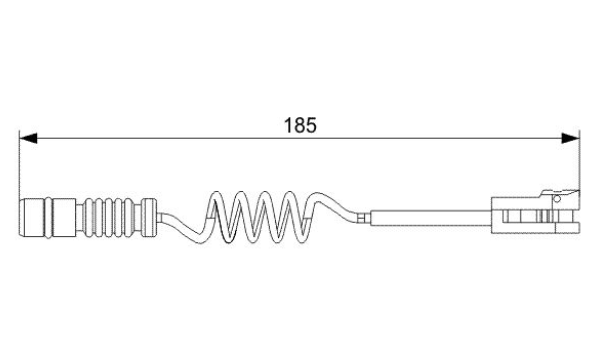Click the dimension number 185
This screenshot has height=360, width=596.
pos(300,125)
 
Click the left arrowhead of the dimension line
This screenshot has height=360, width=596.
pos(28,138)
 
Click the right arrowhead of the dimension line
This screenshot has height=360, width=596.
pos(571,138)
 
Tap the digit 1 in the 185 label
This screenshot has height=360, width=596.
pos(288,125)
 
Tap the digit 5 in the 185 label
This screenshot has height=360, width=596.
pos(311,125)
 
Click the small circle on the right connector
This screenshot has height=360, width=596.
pos(557,199)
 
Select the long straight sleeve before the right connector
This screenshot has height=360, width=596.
pos(431,218)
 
